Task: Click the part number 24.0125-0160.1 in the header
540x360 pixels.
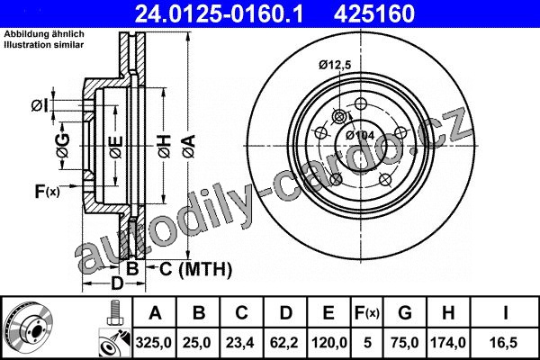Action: [219, 13]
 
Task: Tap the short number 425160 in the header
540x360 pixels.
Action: [374, 13]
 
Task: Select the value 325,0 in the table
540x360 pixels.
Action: [154, 343]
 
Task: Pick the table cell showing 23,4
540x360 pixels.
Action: [240, 343]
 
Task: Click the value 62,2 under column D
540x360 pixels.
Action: [284, 343]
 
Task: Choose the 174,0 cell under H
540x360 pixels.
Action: [448, 343]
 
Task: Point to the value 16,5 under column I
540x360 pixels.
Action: [505, 343]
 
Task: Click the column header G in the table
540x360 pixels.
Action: [405, 313]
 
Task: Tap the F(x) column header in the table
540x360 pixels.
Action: [367, 313]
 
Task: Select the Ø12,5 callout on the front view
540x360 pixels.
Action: [335, 65]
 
